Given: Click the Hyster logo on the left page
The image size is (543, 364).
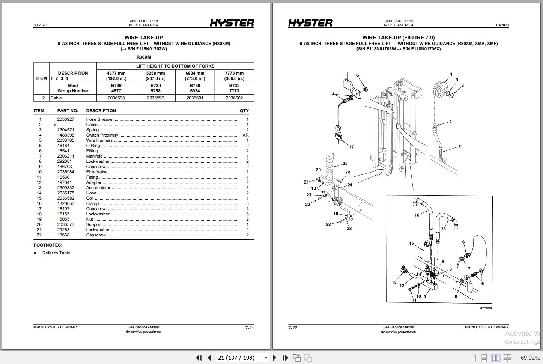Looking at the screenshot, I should click(x=232, y=23).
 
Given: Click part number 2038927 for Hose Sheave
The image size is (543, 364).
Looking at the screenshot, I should click(x=66, y=119).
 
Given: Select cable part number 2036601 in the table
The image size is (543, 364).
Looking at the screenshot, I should click(x=195, y=98).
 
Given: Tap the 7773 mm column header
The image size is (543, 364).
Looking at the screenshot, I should click(x=234, y=76).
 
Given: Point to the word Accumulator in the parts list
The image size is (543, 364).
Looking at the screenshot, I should click(x=98, y=188).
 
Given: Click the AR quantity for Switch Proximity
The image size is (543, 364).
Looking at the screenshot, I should click(x=245, y=135).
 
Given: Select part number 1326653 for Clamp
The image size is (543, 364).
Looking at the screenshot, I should click(x=66, y=203).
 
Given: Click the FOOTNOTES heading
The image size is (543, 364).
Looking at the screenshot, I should click(x=48, y=245).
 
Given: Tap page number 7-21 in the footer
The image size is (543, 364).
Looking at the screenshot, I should click(x=250, y=328).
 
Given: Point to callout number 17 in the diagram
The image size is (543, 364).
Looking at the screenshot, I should click(x=351, y=147).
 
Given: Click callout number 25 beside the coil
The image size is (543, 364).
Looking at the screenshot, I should click(x=345, y=163).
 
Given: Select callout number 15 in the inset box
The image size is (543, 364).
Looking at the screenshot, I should click(x=411, y=243).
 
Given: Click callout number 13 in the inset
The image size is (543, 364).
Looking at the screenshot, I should click(x=394, y=282).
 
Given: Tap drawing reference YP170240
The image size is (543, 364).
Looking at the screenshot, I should click(x=485, y=308).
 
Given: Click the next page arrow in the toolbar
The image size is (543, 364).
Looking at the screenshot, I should click(x=275, y=358).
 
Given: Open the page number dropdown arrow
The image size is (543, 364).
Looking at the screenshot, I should click(x=266, y=358).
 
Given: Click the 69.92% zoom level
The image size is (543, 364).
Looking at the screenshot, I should click(x=530, y=358).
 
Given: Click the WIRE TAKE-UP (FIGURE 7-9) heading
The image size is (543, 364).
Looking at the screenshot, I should click(x=398, y=38).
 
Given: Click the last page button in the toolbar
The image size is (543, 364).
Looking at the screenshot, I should click(x=285, y=358).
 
